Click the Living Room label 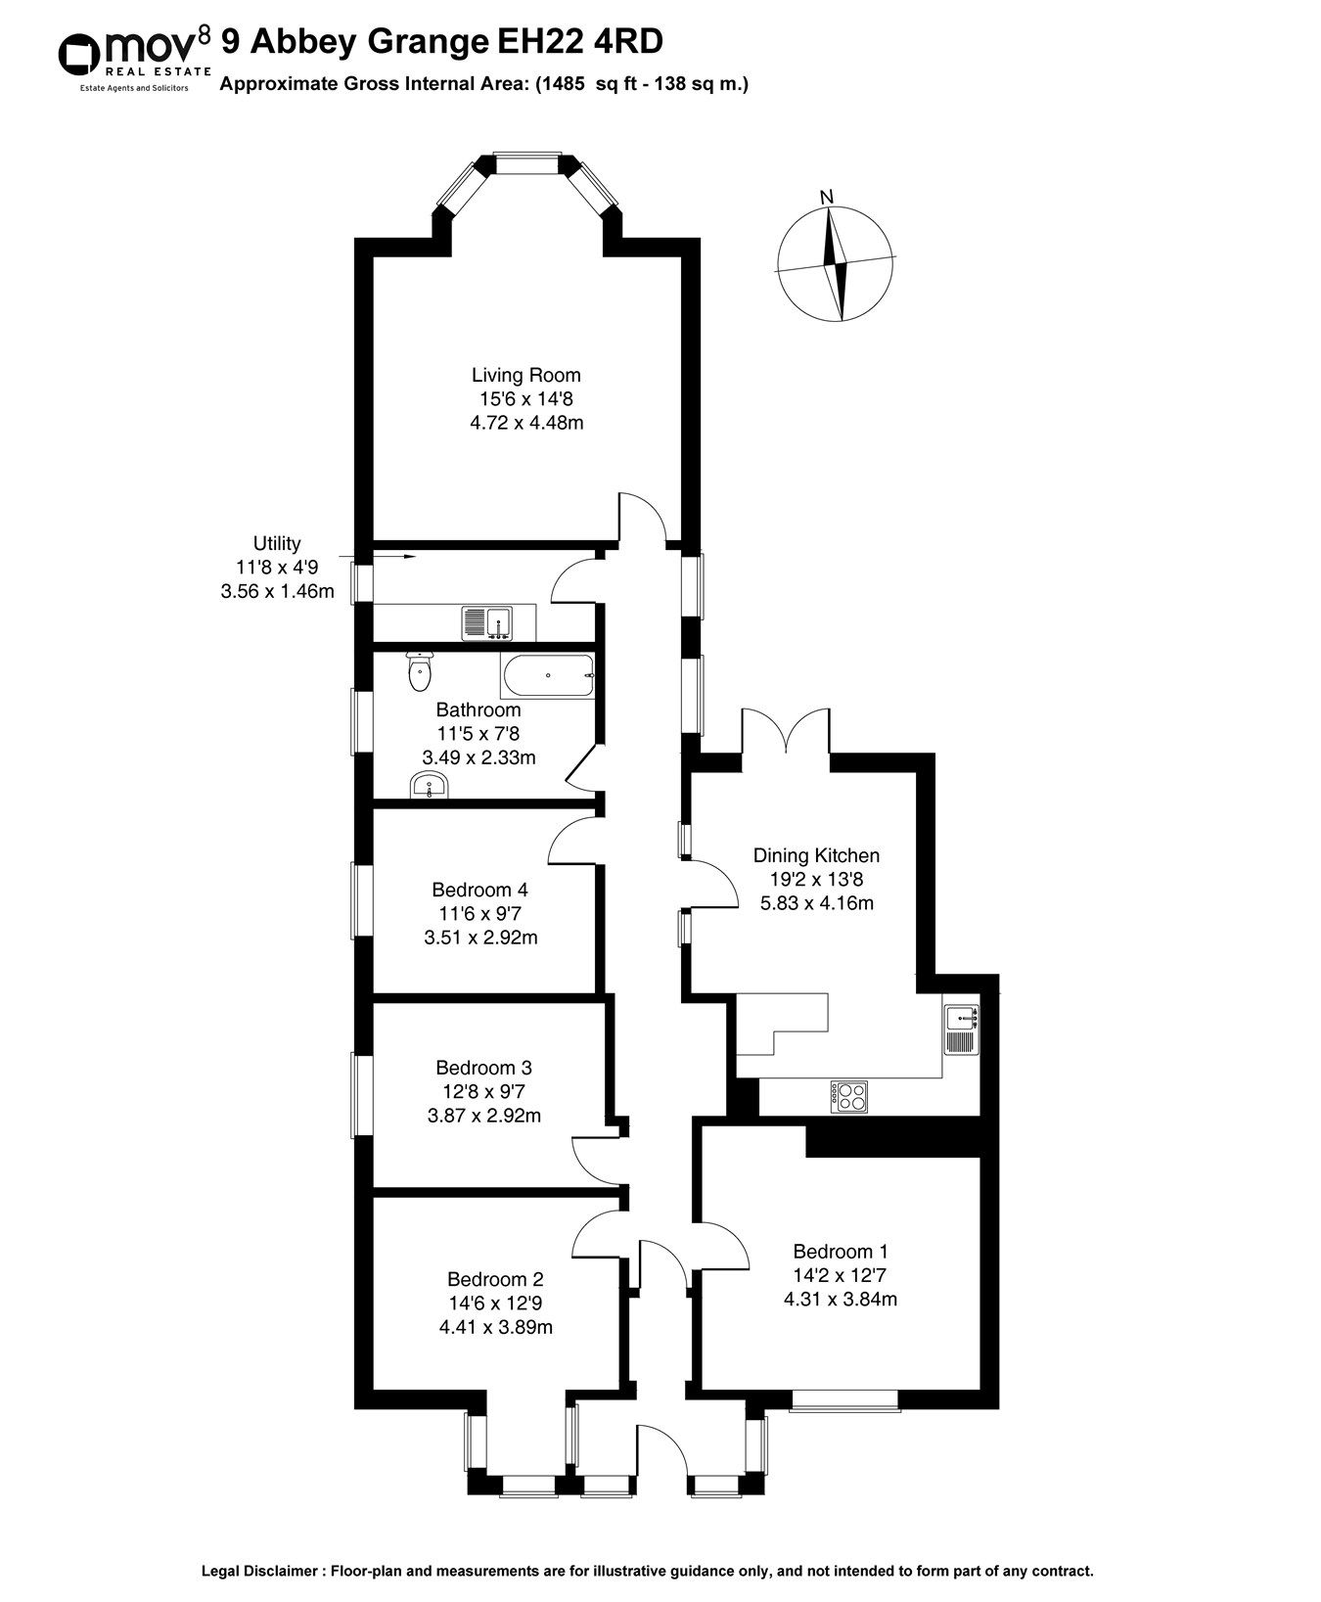[525, 375]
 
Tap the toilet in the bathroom [420, 669]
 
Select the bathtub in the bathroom [547, 676]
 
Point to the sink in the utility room [486, 620]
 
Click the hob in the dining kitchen [848, 1096]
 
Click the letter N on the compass [827, 197]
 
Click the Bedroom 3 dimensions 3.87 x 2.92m [484, 1116]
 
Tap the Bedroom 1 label [841, 1252]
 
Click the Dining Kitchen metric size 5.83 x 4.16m [816, 903]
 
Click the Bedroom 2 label [495, 1279]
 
